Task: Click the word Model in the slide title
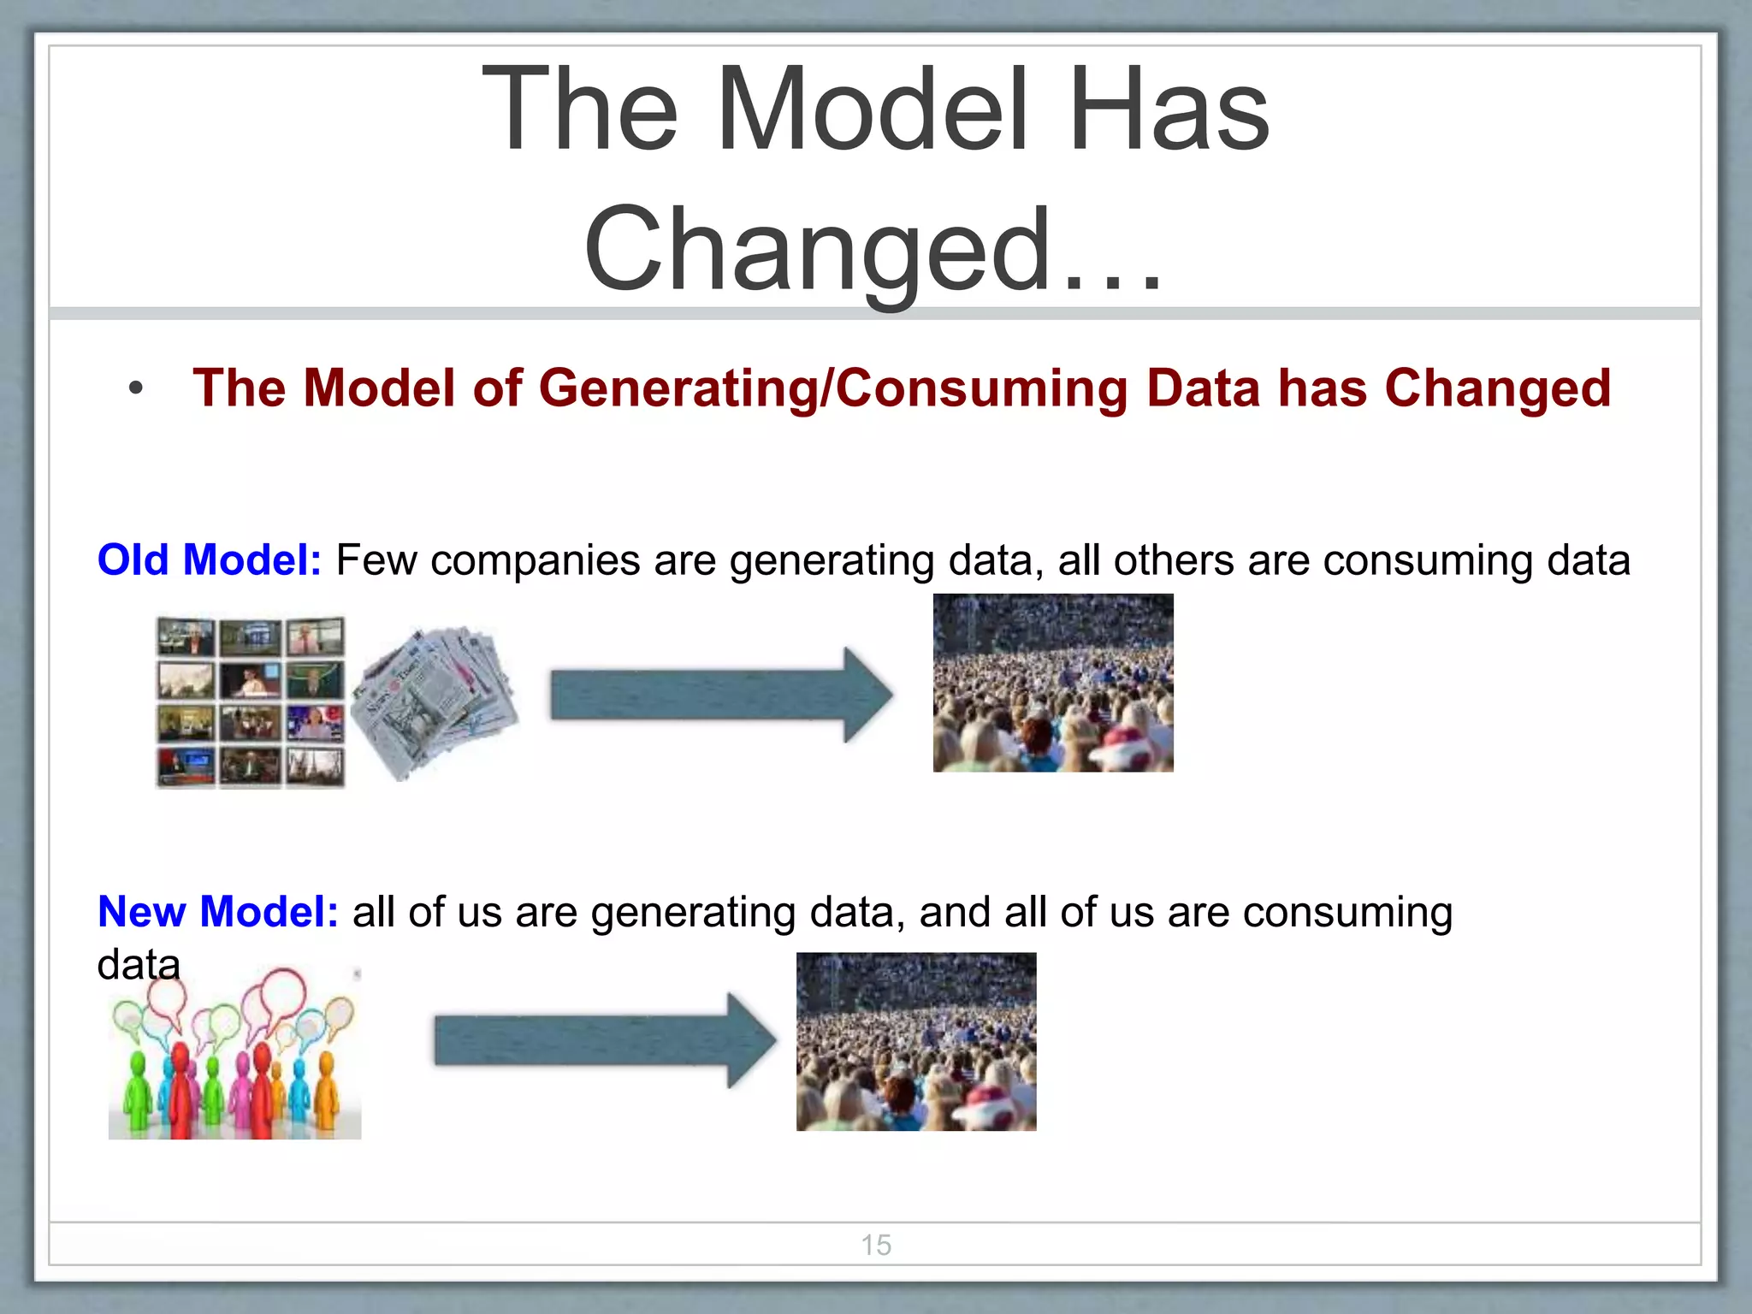point(871,111)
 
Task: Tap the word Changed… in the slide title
point(873,250)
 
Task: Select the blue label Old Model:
point(210,561)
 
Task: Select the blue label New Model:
point(218,912)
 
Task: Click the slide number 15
point(875,1245)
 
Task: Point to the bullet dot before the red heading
point(135,389)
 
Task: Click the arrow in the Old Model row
point(721,695)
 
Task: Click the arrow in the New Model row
point(605,1041)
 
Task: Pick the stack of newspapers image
point(434,701)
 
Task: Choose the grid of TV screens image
point(251,701)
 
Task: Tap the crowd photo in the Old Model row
point(1053,683)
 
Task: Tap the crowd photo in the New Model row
point(916,1042)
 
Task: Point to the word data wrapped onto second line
point(139,965)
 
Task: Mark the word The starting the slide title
point(580,111)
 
